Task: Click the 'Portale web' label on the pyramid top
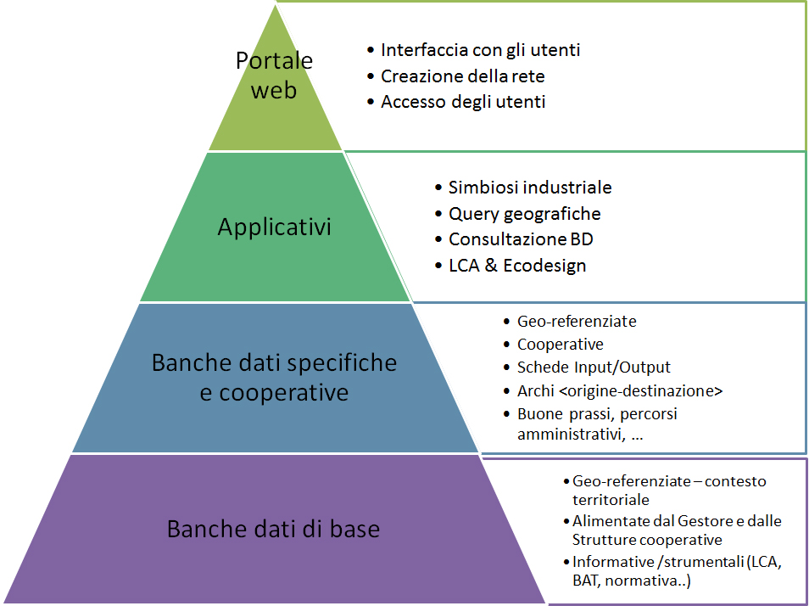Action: coord(274,75)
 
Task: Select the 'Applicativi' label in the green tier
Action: coord(274,227)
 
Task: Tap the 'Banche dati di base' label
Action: coord(273,530)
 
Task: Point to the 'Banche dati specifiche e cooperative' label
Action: coord(274,378)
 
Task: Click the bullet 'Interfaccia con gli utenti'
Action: coord(480,50)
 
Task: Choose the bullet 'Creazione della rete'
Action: coord(462,76)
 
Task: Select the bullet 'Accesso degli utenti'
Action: coord(463,102)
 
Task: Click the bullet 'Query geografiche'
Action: coord(524,214)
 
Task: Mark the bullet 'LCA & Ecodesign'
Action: coord(517,266)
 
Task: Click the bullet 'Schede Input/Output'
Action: coord(594,368)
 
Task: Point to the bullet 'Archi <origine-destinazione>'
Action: coord(620,390)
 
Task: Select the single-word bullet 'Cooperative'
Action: coord(561,345)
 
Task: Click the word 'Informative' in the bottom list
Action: coord(609,561)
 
